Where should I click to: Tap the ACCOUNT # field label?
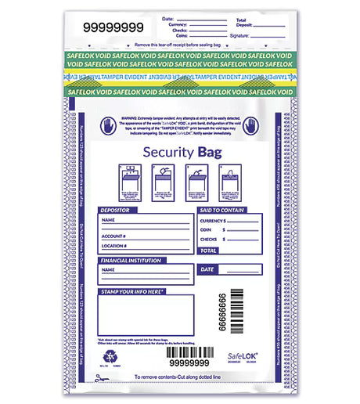[x=114, y=235]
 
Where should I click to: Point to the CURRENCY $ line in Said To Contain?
[x=214, y=222]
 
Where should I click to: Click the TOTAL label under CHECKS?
[x=209, y=251]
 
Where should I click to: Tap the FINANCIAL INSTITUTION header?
[x=135, y=260]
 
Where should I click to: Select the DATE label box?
[x=207, y=269]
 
